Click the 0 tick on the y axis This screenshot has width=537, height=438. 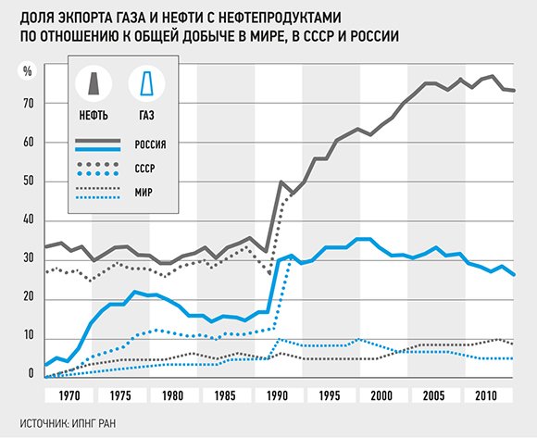click(31, 376)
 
